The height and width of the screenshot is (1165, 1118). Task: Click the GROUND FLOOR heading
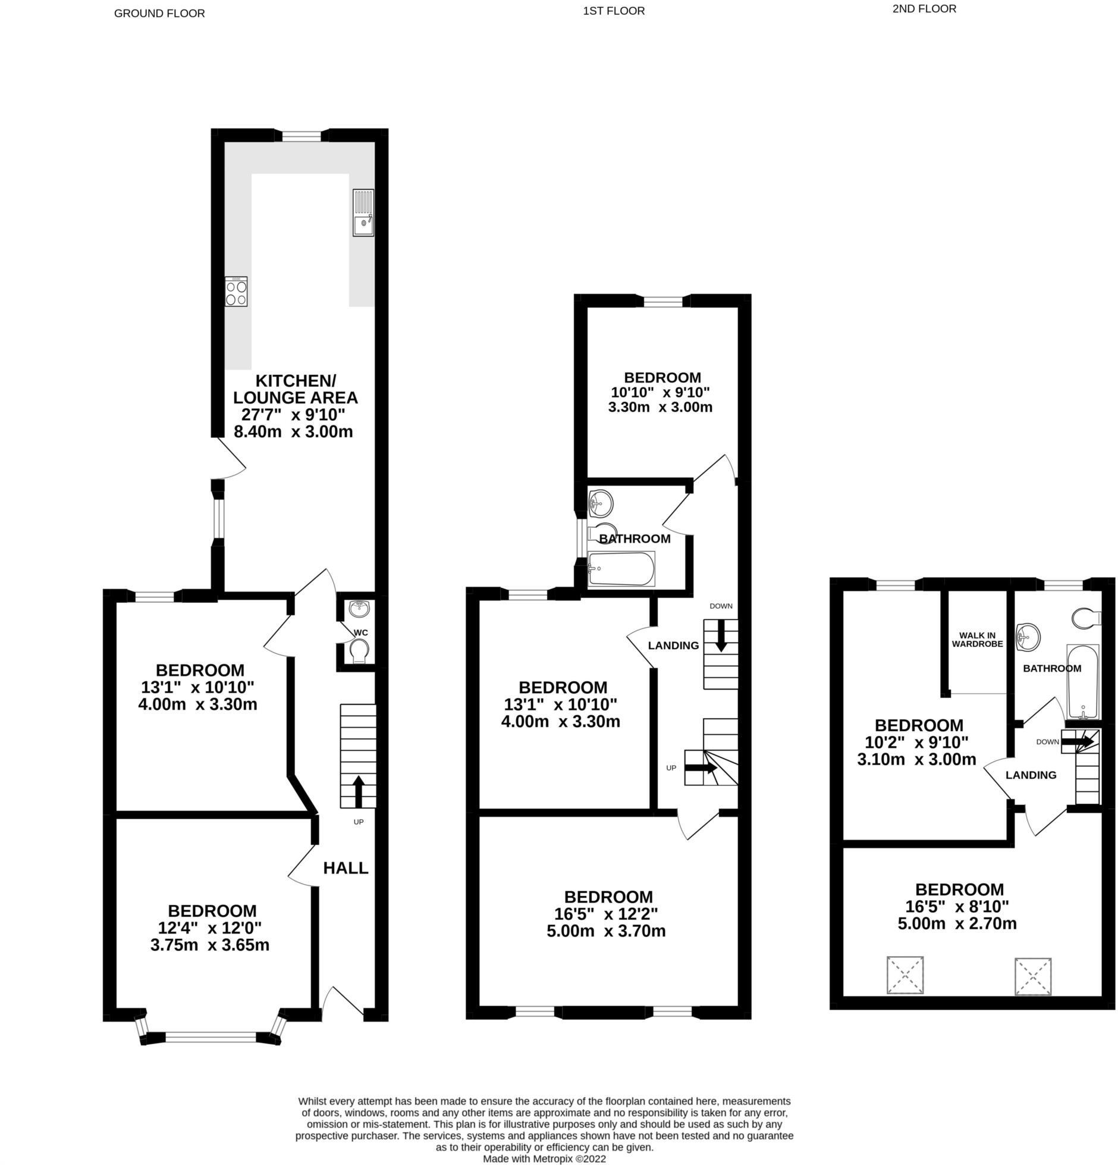pos(159,13)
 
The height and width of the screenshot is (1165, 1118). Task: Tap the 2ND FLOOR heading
pos(924,8)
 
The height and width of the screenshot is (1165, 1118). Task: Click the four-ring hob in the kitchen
pos(235,292)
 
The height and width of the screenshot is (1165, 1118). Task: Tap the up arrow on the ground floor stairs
pos(358,790)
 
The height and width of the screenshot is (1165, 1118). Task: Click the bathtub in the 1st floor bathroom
pos(621,569)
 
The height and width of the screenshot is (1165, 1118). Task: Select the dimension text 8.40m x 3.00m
pos(293,432)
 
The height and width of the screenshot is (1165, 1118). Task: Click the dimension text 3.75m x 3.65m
pos(210,945)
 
